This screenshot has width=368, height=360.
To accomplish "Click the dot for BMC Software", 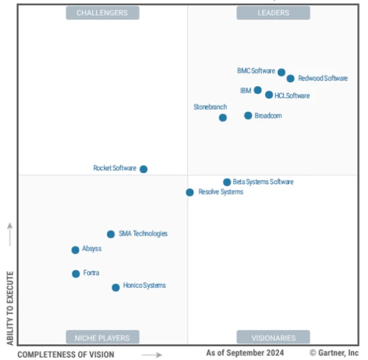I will click(x=281, y=72).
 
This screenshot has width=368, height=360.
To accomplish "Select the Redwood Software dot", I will click(x=290, y=78).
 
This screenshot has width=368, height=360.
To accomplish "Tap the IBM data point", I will click(x=257, y=90).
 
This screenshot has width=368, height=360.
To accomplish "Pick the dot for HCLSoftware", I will click(x=269, y=95).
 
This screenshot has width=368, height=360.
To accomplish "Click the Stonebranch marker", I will click(x=223, y=117).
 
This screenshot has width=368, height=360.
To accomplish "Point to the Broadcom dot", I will click(x=248, y=116).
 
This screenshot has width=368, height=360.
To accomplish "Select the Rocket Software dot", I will click(x=144, y=169).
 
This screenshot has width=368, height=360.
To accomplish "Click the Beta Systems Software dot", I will click(x=227, y=182).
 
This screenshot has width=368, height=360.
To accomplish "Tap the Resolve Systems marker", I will click(x=189, y=192).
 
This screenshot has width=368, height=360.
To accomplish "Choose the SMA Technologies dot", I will click(x=111, y=234).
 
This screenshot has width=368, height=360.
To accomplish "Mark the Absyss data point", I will click(x=75, y=250).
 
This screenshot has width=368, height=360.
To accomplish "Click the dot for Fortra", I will click(x=76, y=274).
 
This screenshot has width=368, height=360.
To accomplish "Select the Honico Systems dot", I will click(x=115, y=287).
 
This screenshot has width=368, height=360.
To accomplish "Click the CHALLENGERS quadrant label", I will click(x=102, y=13).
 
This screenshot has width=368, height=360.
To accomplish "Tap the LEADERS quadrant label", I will click(x=273, y=13).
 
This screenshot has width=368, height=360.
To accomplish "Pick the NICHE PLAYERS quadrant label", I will click(x=102, y=337).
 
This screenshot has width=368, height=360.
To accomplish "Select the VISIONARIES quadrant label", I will click(x=274, y=337).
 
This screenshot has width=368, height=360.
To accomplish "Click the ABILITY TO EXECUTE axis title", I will click(x=10, y=308).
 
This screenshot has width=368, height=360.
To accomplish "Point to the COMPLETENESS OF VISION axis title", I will click(x=66, y=355).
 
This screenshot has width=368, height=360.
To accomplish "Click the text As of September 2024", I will click(x=245, y=353).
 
